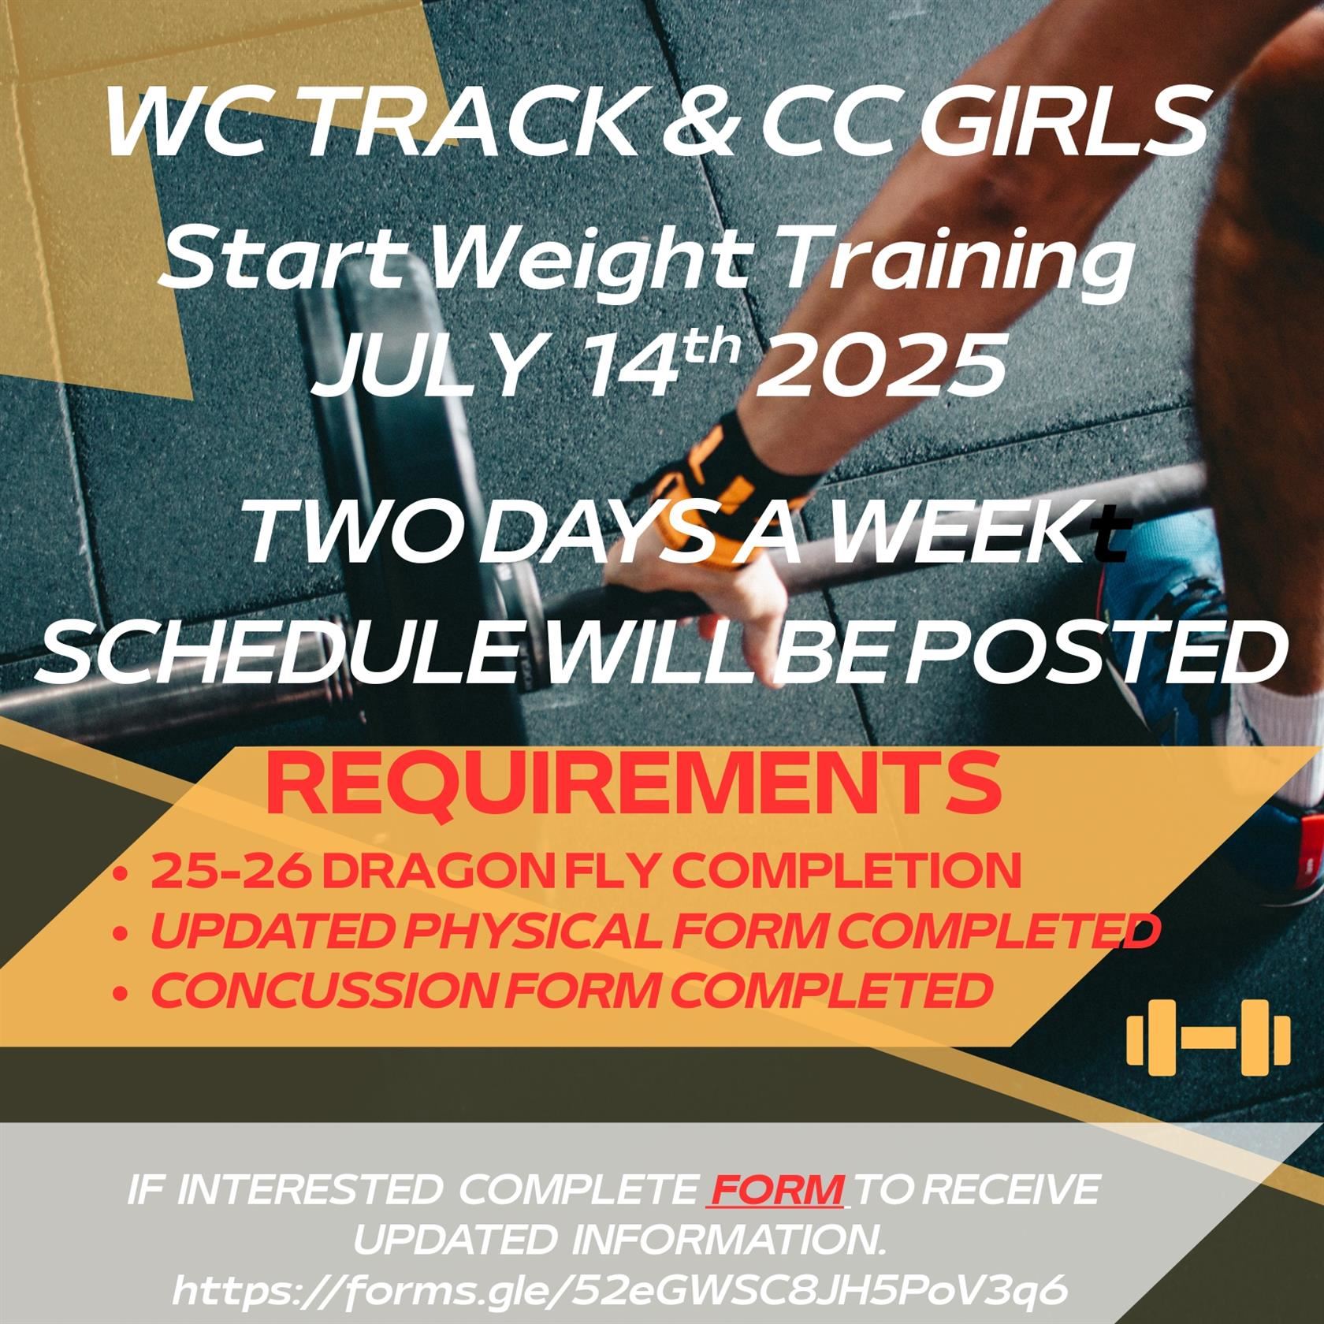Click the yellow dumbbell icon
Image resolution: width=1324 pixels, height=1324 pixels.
point(1208,1037)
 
